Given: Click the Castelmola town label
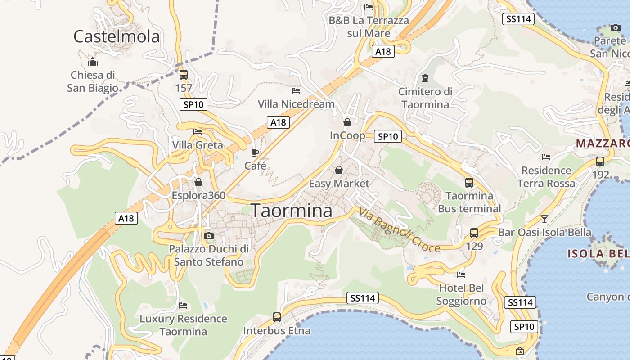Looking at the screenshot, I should click(117, 36).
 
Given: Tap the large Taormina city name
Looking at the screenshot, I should click(291, 211).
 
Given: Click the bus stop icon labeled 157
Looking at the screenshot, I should click(183, 75).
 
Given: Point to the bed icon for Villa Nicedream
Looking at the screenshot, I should click(296, 91).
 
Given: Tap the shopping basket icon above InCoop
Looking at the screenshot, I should click(347, 122).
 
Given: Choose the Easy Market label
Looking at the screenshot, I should click(338, 184).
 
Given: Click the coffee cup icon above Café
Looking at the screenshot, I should click(255, 153).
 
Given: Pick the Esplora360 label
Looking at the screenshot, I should click(198, 196).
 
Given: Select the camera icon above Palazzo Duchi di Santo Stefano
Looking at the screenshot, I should click(208, 236).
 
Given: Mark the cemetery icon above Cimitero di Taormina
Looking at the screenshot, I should click(425, 78).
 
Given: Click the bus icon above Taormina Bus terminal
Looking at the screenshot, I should click(469, 183).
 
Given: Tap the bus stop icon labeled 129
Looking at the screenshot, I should click(474, 233).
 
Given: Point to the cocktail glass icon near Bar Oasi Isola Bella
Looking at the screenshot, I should click(544, 219).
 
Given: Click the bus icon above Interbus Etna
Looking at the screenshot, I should click(277, 317).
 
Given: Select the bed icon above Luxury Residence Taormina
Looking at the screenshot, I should click(183, 306).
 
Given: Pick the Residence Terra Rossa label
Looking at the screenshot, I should click(546, 177).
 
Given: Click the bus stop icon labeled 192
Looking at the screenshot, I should click(600, 162).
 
